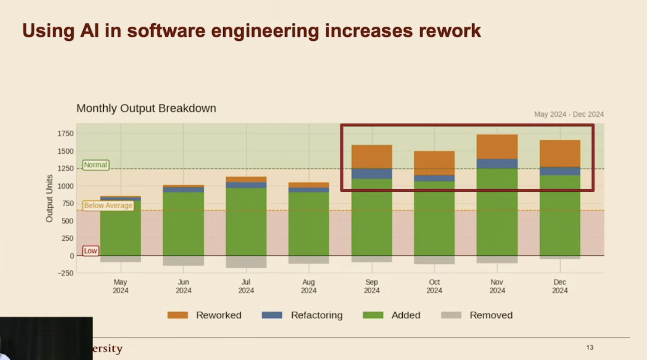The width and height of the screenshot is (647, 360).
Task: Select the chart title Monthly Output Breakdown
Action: (x=146, y=108)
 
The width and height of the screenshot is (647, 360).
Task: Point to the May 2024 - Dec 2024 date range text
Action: (x=568, y=114)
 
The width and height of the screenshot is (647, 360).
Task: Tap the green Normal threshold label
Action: (x=95, y=165)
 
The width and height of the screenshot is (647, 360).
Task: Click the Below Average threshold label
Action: (x=108, y=206)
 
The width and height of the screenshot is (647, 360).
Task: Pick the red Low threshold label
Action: (x=90, y=251)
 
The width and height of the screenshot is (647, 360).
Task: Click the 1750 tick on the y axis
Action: (x=65, y=133)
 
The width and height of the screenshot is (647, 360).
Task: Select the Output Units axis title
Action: (x=49, y=198)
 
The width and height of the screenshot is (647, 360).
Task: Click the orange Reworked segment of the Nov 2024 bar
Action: (x=497, y=147)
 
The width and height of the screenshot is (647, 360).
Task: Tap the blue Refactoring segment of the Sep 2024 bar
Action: (x=371, y=173)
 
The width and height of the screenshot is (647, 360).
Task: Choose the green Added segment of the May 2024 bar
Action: (x=120, y=227)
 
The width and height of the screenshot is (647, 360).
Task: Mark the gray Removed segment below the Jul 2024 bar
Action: (x=246, y=261)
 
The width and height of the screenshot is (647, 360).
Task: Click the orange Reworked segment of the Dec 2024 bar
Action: (x=560, y=153)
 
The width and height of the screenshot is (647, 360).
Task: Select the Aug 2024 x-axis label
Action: (x=308, y=286)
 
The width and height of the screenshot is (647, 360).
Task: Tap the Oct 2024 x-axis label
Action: (x=434, y=286)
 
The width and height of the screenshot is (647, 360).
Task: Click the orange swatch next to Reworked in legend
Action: (x=178, y=315)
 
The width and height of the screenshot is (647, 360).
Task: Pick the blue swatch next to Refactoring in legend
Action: (x=272, y=315)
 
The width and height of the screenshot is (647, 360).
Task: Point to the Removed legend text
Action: (x=491, y=315)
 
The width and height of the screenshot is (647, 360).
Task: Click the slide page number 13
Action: (x=589, y=347)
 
